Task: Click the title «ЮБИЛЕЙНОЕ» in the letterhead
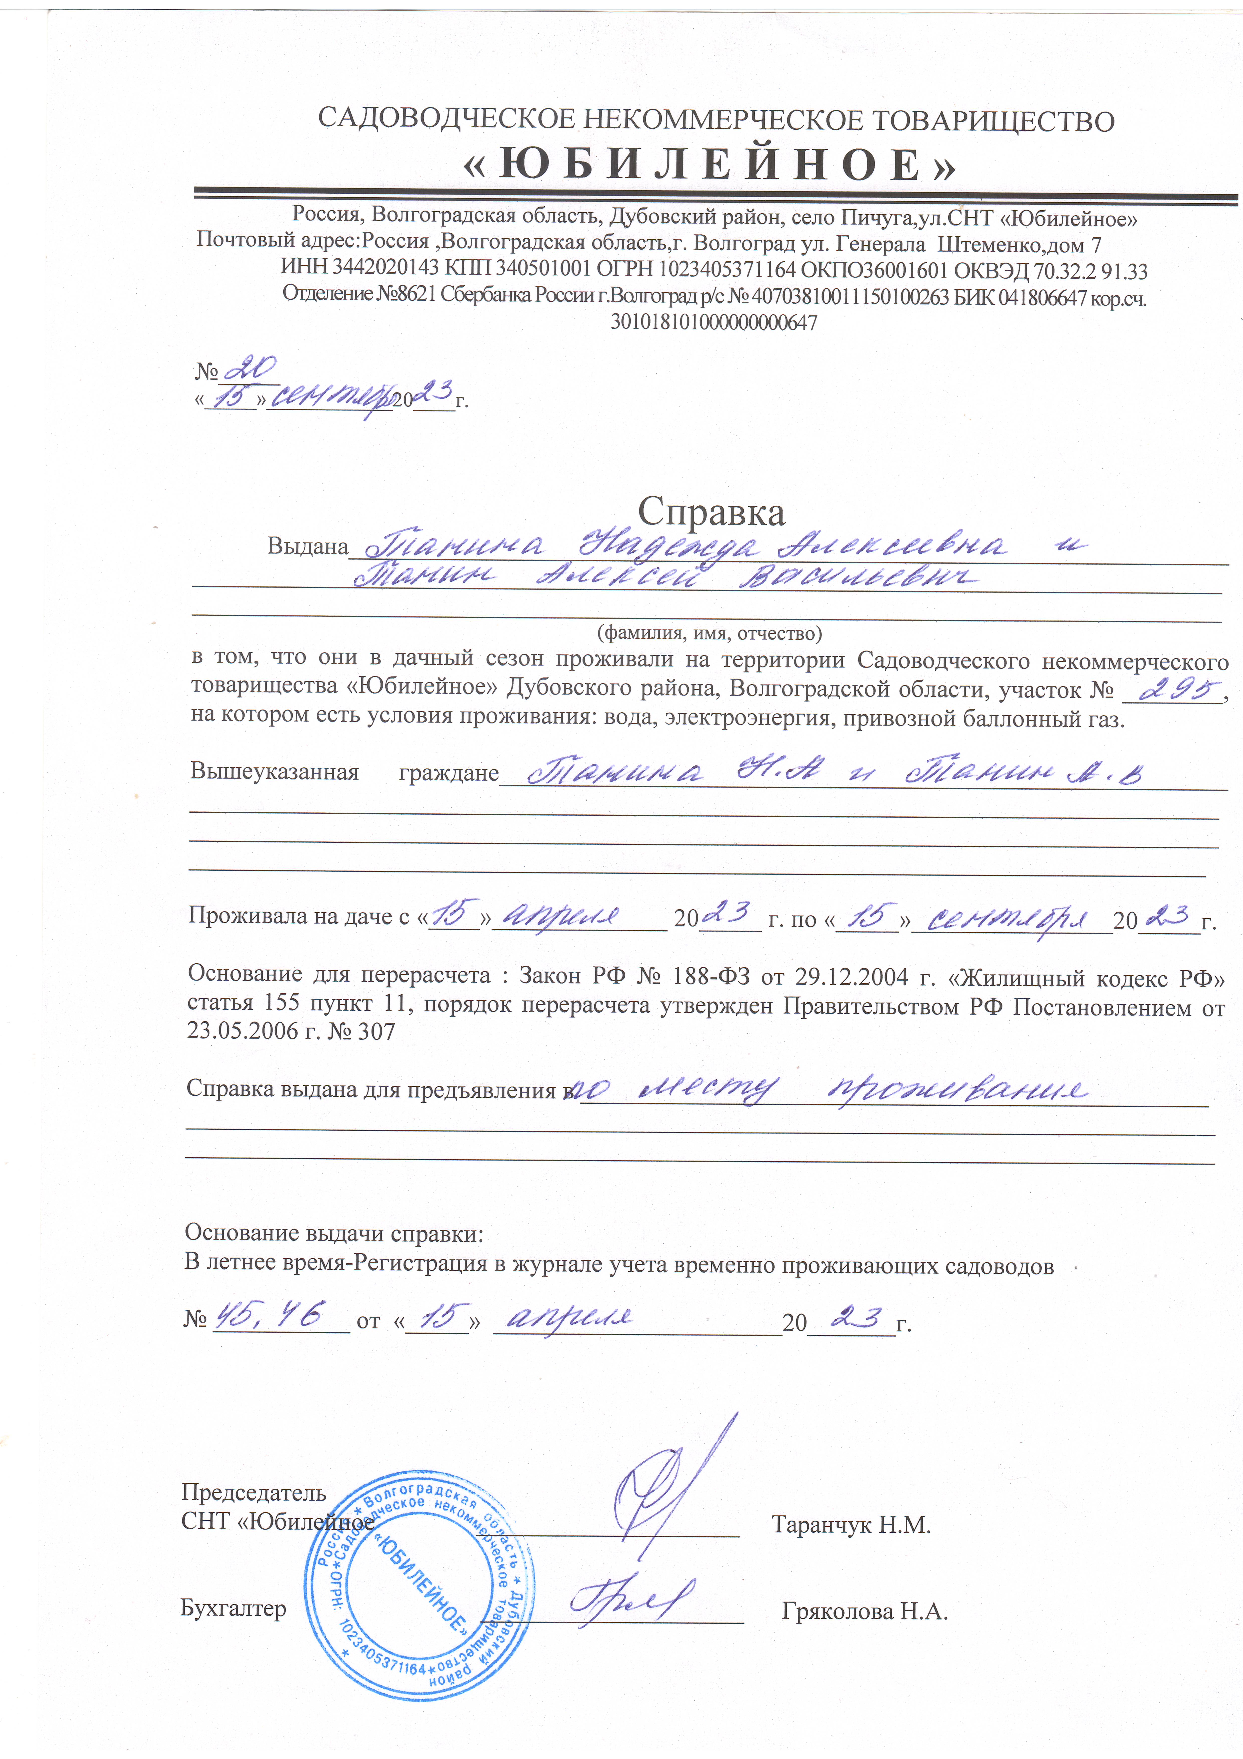click(x=710, y=165)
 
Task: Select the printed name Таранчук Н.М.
click(x=851, y=1525)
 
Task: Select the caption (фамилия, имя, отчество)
click(x=709, y=633)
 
